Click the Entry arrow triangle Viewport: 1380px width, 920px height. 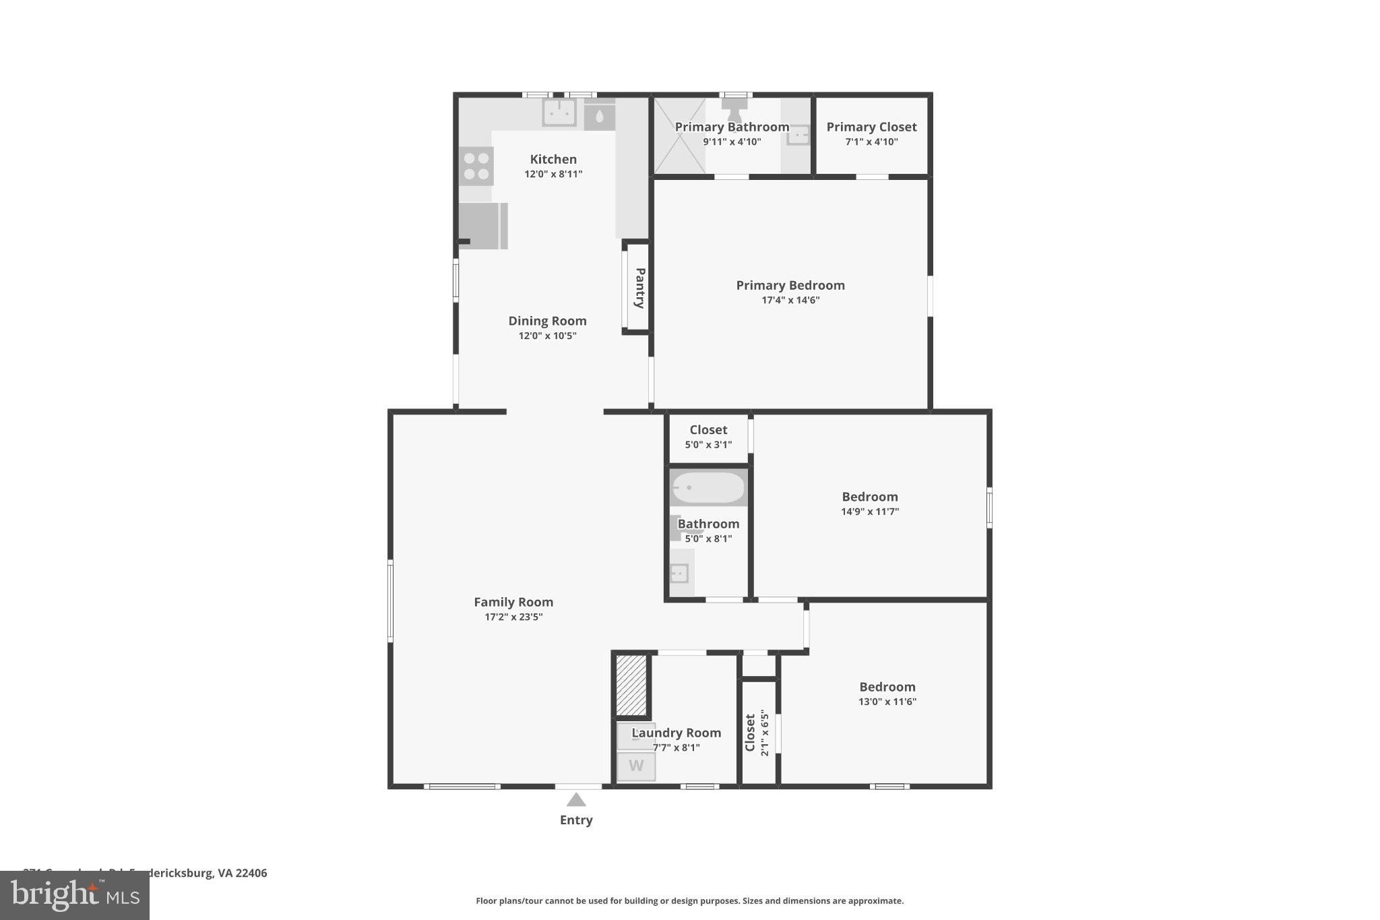click(575, 800)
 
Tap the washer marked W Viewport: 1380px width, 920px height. click(636, 766)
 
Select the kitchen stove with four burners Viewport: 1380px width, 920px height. click(476, 166)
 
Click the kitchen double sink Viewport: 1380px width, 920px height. click(559, 113)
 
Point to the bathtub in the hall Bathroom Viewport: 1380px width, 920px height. click(708, 487)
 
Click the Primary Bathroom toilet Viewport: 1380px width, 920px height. click(734, 108)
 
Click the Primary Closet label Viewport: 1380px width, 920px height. click(871, 127)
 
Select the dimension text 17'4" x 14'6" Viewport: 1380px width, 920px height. click(790, 300)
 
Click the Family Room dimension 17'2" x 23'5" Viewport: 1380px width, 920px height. click(513, 617)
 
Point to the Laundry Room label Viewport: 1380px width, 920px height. click(676, 733)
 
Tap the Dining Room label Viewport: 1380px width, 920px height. click(547, 321)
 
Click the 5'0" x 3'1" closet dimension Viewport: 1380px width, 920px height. click(708, 444)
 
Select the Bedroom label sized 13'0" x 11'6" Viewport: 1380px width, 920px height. click(887, 687)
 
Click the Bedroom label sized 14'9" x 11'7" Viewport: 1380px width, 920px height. click(869, 497)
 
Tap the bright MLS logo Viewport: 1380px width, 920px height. click(75, 895)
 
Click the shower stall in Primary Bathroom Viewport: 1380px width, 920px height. click(679, 135)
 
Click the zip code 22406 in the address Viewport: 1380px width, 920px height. click(251, 873)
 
